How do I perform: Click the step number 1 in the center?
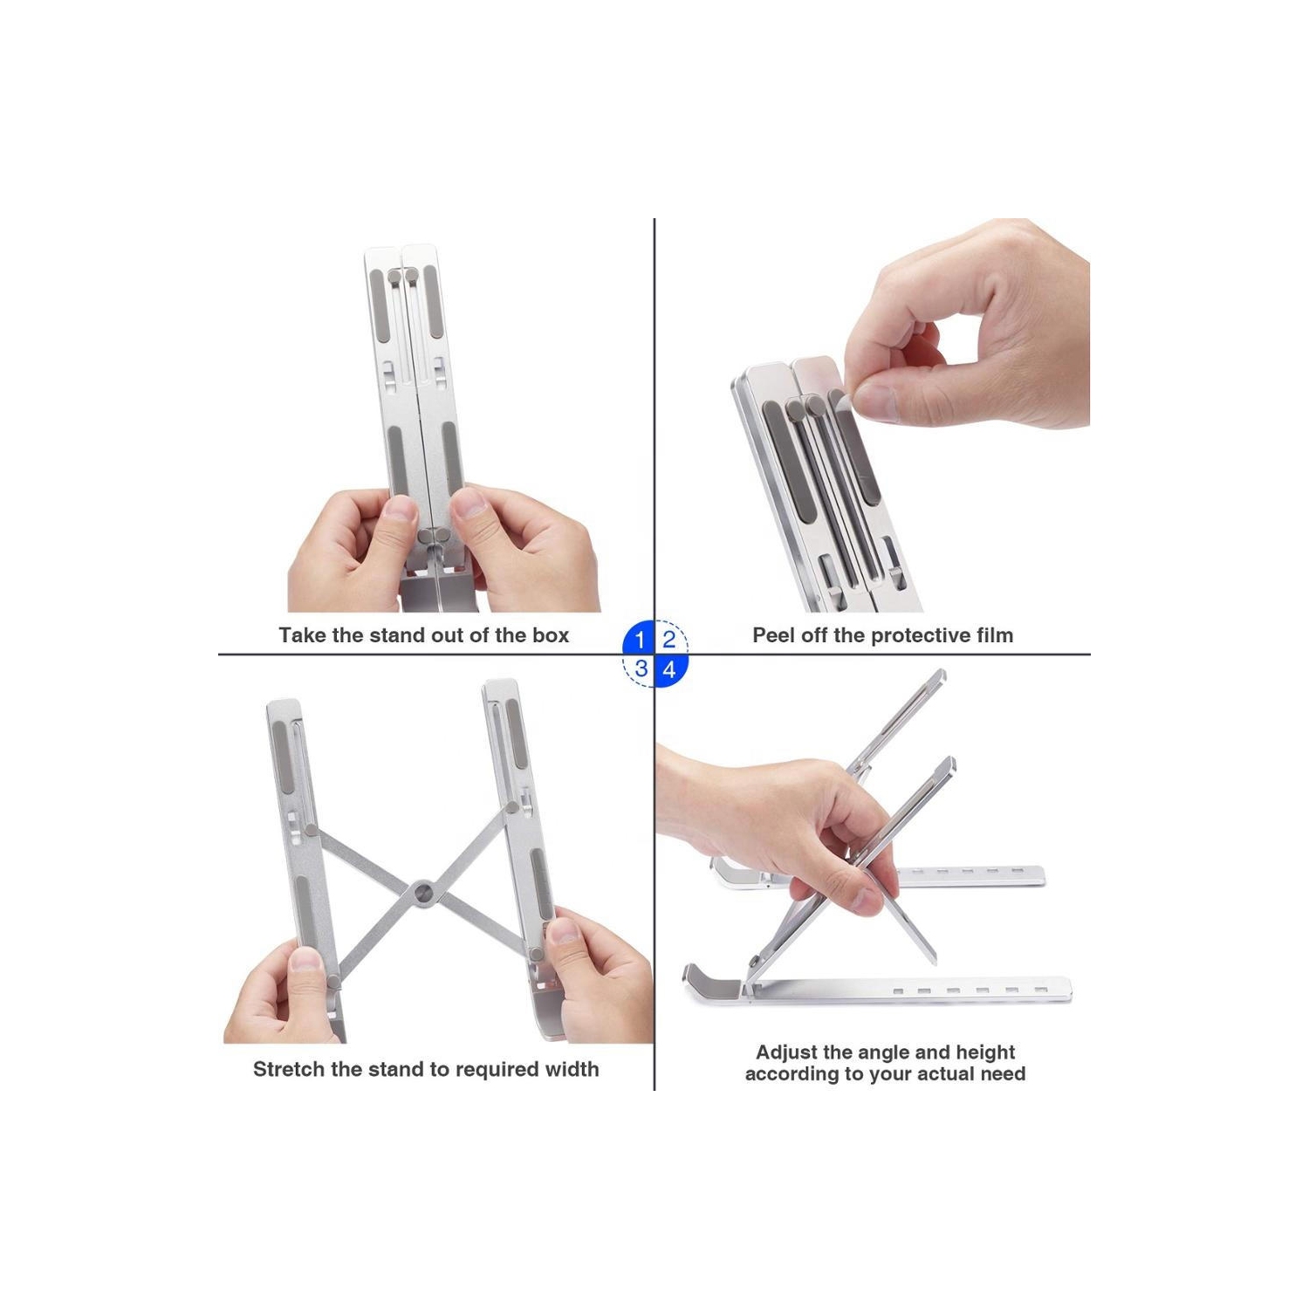[640, 640]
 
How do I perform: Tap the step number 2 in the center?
[669, 640]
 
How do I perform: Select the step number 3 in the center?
[641, 669]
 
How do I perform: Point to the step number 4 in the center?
[669, 669]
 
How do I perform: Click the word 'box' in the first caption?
[551, 635]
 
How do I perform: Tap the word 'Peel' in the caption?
[773, 635]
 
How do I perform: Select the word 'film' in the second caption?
[996, 635]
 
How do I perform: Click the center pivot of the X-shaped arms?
[424, 892]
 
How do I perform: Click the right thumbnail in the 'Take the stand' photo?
[467, 503]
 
